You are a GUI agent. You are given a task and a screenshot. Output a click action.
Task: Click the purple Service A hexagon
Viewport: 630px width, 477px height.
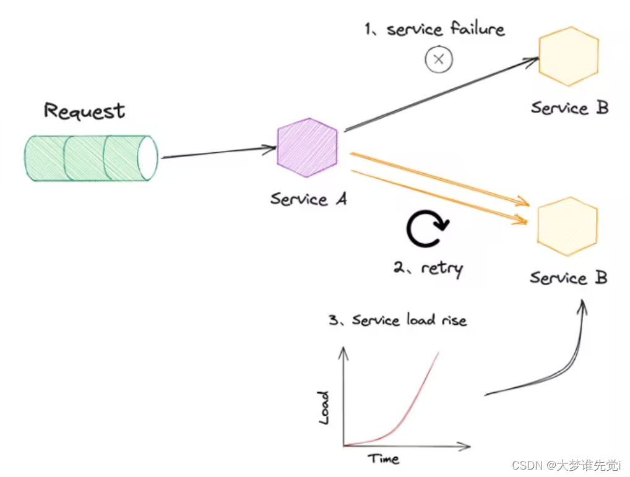tap(308, 148)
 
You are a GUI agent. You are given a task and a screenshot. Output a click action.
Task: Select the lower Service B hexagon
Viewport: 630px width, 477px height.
tap(567, 226)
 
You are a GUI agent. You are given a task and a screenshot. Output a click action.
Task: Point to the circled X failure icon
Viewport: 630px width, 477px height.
tap(439, 59)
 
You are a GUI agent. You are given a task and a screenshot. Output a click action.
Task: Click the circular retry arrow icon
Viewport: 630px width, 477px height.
tap(427, 230)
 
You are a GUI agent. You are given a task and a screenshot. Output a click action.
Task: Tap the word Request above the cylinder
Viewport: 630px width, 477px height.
tap(84, 111)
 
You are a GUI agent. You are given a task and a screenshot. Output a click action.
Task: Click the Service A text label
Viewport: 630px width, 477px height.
tap(308, 199)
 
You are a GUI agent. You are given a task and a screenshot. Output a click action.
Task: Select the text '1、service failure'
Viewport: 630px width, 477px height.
tap(434, 29)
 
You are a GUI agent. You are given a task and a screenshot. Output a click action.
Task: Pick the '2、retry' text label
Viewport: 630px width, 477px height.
tap(428, 269)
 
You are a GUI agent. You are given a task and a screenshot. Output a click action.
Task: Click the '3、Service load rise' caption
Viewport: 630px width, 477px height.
tap(397, 320)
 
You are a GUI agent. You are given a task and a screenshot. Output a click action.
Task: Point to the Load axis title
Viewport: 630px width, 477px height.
tap(324, 407)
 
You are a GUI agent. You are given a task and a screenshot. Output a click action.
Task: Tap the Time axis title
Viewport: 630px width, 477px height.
tap(384, 458)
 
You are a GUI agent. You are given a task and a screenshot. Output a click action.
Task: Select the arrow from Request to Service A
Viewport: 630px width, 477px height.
tap(218, 152)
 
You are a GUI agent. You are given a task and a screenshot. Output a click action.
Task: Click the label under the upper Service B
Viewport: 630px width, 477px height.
tap(569, 108)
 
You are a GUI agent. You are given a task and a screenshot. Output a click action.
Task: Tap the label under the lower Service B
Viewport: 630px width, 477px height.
tap(568, 278)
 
